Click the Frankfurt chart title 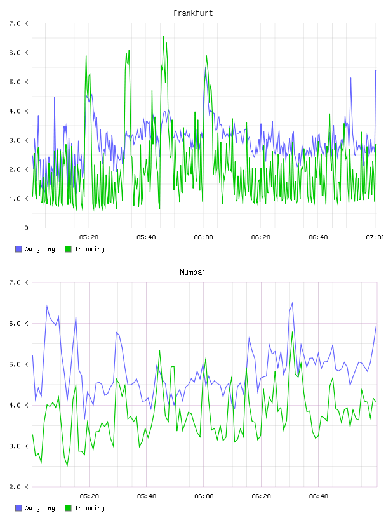(193, 13)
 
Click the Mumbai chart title (192, 272)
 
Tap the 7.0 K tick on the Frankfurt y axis (19, 23)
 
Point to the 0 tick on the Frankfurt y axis (26, 228)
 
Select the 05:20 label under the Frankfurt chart (89, 237)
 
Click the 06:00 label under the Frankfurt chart (204, 237)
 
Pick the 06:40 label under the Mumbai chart (319, 496)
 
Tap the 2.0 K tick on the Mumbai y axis (19, 487)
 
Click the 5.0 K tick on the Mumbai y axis (19, 364)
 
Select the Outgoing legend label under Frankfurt (39, 249)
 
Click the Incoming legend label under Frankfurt (90, 249)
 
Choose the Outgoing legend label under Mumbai (39, 508)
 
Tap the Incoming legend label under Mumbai (90, 508)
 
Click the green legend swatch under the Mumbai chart (68, 508)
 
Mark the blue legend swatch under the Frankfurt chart (18, 249)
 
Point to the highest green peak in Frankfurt (163, 36)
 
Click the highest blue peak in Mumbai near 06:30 (292, 303)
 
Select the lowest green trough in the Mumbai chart (67, 466)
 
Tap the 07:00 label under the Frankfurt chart (375, 237)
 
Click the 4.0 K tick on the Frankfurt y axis (19, 111)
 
